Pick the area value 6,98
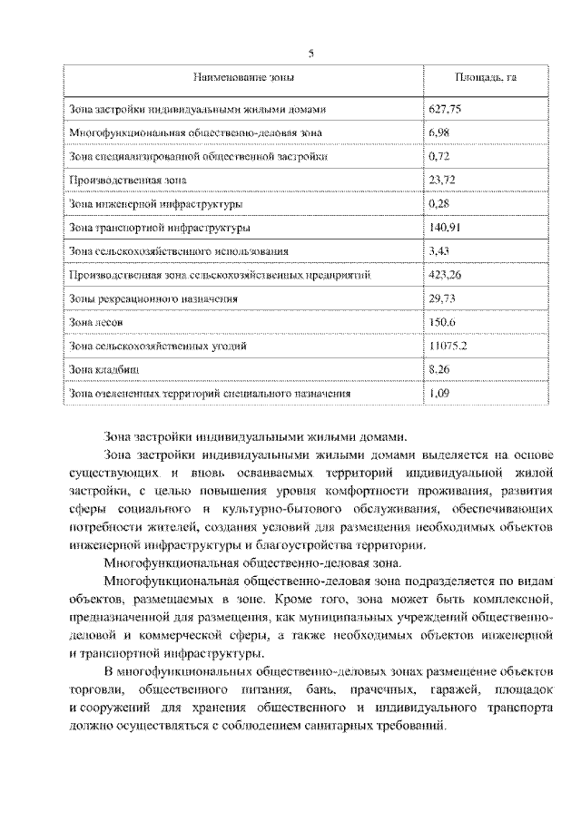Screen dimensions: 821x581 click(x=438, y=132)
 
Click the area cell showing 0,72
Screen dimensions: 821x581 click(x=438, y=156)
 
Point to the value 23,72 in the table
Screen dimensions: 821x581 click(x=441, y=180)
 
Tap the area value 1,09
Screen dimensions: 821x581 click(x=438, y=393)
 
